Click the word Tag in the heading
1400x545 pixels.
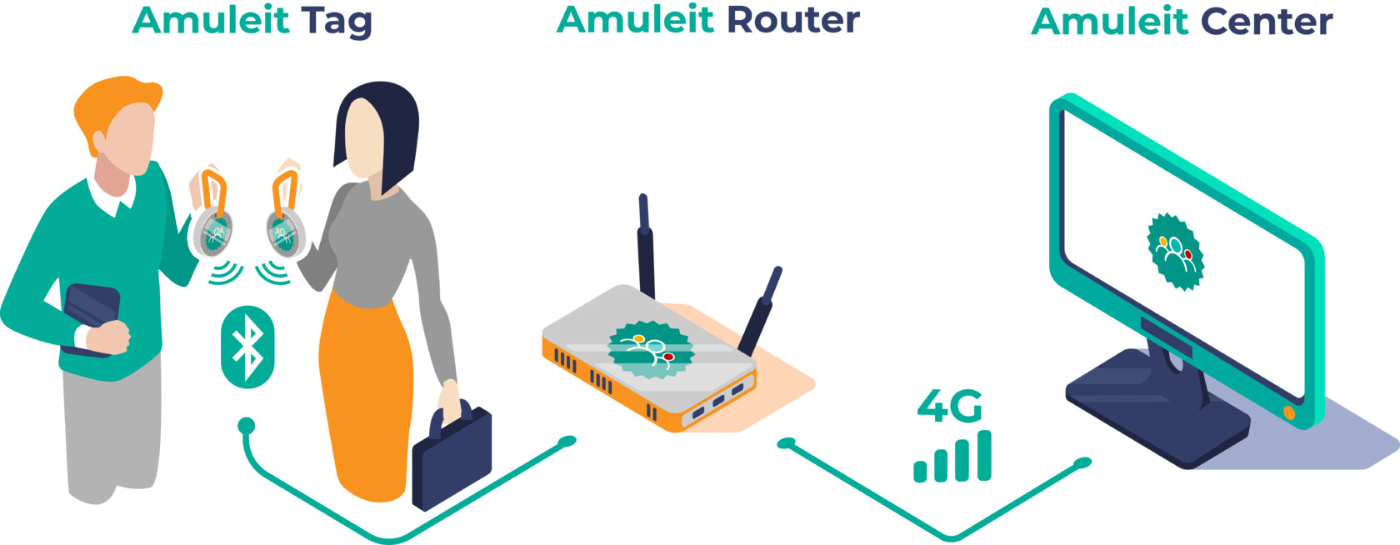point(337,22)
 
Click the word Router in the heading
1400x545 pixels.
point(792,20)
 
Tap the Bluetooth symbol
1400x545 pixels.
point(247,347)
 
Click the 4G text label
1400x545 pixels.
point(949,406)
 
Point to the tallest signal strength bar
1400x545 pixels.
point(984,455)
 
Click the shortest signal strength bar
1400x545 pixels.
point(920,472)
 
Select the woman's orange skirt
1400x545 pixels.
point(367,392)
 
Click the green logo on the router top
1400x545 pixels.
point(650,348)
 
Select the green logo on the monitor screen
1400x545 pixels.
point(1176,251)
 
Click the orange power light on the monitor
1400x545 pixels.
point(1289,413)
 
